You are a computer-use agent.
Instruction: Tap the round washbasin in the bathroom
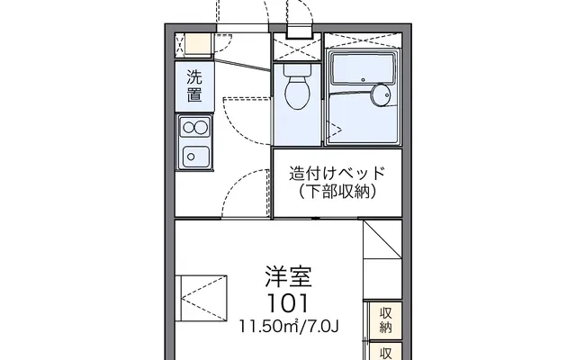pyautogui.click(x=381, y=95)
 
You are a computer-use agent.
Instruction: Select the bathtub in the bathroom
pyautogui.click(x=363, y=69)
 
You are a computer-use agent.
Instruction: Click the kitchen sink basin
pyautogui.click(x=196, y=157)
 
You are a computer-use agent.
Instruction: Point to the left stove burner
pyautogui.click(x=188, y=128)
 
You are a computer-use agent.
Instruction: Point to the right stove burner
pyautogui.click(x=201, y=128)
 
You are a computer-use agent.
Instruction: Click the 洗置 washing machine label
pyautogui.click(x=194, y=86)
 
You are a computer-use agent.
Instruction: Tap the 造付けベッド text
pyautogui.click(x=337, y=174)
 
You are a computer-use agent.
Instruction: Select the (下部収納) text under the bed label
pyautogui.click(x=337, y=192)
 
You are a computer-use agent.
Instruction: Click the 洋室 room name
pyautogui.click(x=288, y=276)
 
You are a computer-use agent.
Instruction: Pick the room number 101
pyautogui.click(x=288, y=304)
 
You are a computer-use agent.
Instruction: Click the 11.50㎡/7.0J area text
pyautogui.click(x=288, y=326)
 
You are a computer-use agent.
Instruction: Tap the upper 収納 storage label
pyautogui.click(x=386, y=320)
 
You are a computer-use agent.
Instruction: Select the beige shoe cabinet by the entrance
pyautogui.click(x=198, y=44)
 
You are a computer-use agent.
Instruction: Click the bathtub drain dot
pyautogui.click(x=363, y=80)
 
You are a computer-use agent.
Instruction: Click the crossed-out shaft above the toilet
pyautogui.click(x=298, y=46)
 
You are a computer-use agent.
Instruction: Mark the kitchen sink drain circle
pyautogui.click(x=191, y=157)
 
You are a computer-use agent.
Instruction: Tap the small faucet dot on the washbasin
pyautogui.click(x=387, y=95)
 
